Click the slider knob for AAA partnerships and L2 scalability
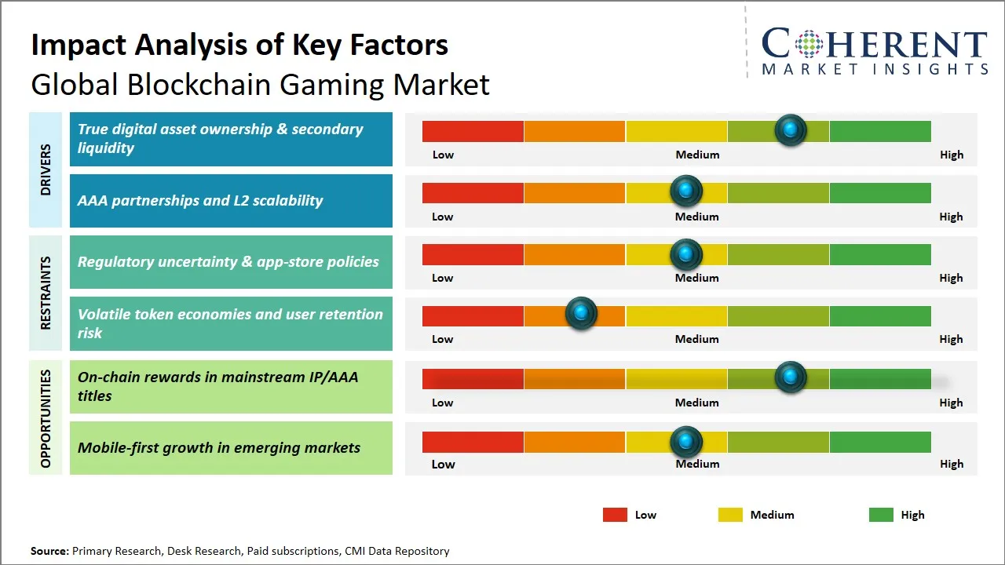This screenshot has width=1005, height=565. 686,191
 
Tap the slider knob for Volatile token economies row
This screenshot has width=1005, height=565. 581,314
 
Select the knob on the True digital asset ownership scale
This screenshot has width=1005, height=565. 790,129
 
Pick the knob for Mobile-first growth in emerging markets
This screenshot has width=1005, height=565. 686,442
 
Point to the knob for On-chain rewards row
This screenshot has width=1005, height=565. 790,377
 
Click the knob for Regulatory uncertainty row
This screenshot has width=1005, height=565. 686,254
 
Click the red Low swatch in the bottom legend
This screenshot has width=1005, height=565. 615,515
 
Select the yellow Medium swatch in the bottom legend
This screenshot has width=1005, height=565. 730,515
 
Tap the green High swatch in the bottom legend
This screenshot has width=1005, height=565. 881,515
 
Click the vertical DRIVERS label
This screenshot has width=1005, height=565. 45,169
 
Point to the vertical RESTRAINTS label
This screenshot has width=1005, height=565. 45,293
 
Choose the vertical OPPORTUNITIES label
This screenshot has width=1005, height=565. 45,418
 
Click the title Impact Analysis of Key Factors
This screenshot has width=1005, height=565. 239,45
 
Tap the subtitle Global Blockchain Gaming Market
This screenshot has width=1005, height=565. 260,84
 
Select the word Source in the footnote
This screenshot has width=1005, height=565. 49,551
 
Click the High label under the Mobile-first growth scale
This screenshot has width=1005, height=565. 951,464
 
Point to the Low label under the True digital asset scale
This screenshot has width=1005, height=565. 443,155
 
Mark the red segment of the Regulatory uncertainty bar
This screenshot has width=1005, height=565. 473,254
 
